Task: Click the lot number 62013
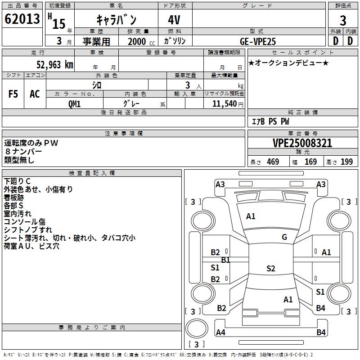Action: click(22, 20)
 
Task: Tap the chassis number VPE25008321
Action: click(302, 144)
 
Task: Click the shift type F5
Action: click(13, 94)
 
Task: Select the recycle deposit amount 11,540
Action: click(224, 103)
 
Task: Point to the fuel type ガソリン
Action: click(175, 41)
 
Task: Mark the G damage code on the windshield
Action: click(284, 237)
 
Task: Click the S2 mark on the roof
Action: click(270, 269)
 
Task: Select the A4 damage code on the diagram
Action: click(220, 333)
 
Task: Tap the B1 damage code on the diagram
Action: click(225, 260)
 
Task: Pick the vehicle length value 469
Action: click(273, 162)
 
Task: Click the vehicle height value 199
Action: click(346, 162)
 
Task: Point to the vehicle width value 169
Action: click(310, 162)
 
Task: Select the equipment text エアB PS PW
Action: click(270, 121)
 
